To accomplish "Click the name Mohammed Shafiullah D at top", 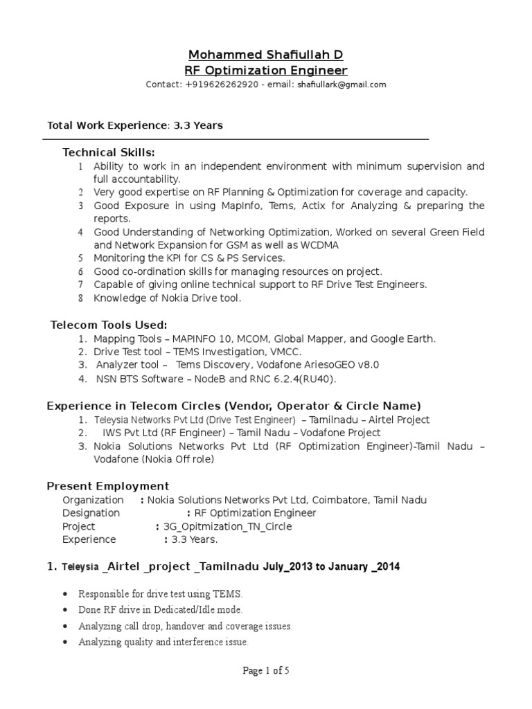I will pyautogui.click(x=266, y=55).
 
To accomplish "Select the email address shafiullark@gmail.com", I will pyautogui.click(x=342, y=85).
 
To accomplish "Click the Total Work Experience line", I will pyautogui.click(x=134, y=125).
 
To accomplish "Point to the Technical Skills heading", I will pyautogui.click(x=109, y=152).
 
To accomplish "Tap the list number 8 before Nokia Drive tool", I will pyautogui.click(x=80, y=298).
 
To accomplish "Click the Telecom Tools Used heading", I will pyautogui.click(x=109, y=325).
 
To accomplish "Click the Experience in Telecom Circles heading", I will pyautogui.click(x=233, y=406).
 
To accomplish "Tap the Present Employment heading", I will pyautogui.click(x=107, y=485).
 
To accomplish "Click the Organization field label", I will pyautogui.click(x=93, y=499).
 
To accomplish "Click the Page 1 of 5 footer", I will pyautogui.click(x=265, y=670).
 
